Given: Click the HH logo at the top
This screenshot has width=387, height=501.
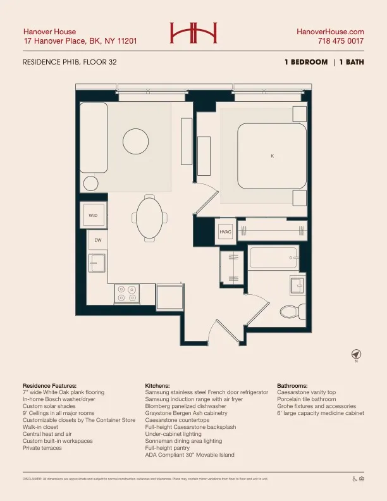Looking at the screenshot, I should pyautogui.click(x=193, y=32).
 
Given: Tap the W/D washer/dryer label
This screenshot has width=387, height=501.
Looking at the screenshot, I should pyautogui.click(x=93, y=216).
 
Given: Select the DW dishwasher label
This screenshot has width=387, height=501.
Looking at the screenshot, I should pyautogui.click(x=98, y=240).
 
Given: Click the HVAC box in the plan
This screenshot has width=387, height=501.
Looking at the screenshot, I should pyautogui.click(x=226, y=232).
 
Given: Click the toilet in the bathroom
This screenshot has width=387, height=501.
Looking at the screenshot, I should pyautogui.click(x=290, y=311).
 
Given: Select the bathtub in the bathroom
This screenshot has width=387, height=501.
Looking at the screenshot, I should pyautogui.click(x=273, y=258).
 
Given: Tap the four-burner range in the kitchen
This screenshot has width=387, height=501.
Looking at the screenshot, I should pyautogui.click(x=127, y=293).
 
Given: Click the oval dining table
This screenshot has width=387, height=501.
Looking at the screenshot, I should pyautogui.click(x=150, y=217).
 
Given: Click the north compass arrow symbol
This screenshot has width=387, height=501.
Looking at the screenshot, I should pyautogui.click(x=356, y=353).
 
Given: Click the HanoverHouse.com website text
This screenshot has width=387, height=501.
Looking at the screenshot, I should pyautogui.click(x=330, y=32).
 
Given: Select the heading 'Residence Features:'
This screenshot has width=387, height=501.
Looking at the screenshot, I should pyautogui.click(x=49, y=385).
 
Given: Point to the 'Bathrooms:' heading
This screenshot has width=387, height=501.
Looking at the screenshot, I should pyautogui.click(x=292, y=385).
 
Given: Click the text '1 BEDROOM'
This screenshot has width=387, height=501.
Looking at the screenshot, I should pyautogui.click(x=306, y=62).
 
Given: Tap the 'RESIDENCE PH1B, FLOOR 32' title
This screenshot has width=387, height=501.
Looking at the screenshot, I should pyautogui.click(x=70, y=62).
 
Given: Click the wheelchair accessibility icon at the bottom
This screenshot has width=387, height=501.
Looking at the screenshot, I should pyautogui.click(x=355, y=479).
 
